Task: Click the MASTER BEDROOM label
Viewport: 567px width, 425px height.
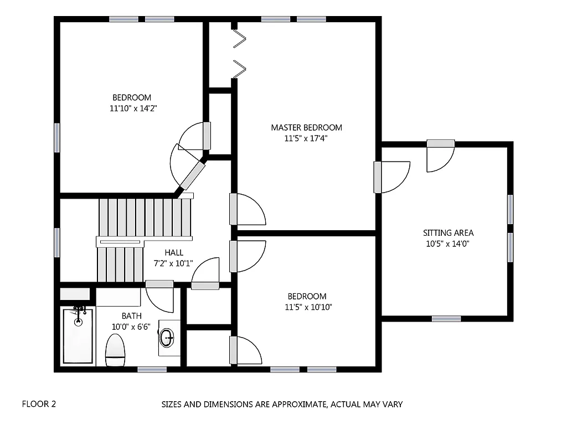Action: (306, 127)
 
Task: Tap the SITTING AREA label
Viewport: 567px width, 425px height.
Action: (448, 233)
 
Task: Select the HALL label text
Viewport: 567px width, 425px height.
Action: (173, 252)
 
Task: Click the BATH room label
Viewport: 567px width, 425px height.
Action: (131, 316)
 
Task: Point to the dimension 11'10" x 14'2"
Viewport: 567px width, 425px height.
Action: (135, 109)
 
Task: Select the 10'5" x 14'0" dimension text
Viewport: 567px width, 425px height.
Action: (448, 243)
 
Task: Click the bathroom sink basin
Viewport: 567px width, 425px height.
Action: (167, 336)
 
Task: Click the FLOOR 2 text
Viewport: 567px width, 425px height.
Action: (39, 404)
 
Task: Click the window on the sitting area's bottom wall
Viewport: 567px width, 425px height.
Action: (446, 318)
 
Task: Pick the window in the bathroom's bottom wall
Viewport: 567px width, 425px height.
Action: (152, 369)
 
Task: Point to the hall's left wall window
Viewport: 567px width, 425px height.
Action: (57, 242)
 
